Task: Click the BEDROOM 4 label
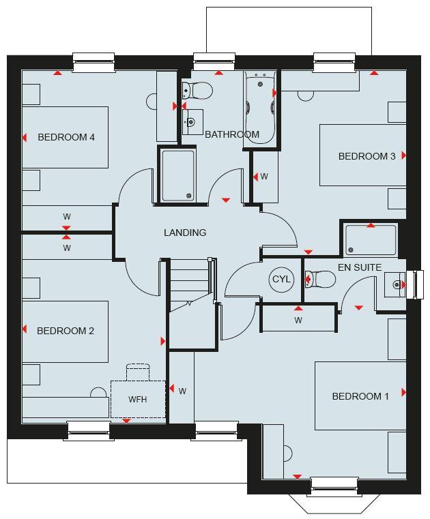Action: [66, 137]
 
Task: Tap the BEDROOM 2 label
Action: [66, 331]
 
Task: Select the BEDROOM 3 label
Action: [367, 156]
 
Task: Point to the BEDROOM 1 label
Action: [360, 396]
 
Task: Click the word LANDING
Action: [185, 233]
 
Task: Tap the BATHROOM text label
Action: [232, 134]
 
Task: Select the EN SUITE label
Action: [360, 267]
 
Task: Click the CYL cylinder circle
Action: [281, 280]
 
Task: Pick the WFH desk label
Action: [137, 400]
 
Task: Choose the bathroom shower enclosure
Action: [177, 175]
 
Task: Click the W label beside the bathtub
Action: [264, 177]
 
